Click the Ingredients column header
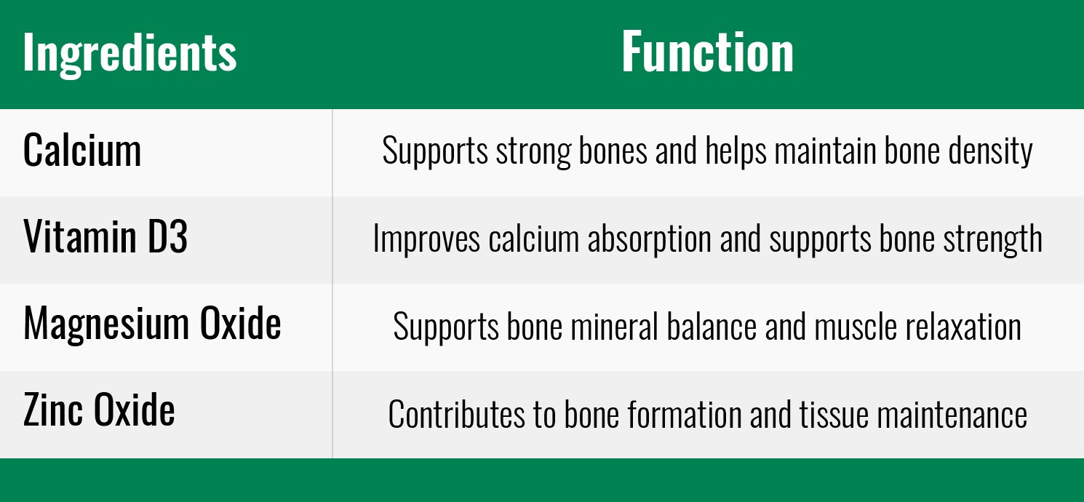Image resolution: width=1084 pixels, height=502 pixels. point(129,53)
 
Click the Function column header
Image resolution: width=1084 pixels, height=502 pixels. point(707,52)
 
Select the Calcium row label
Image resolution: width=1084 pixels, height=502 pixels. point(82,150)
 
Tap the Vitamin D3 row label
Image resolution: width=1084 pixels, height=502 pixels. point(105,236)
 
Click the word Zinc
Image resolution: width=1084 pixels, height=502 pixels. point(53,410)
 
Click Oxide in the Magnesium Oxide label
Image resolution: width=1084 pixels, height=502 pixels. point(241,322)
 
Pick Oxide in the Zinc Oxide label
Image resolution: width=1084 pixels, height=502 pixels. point(134,410)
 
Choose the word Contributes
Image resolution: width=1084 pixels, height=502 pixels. point(456,414)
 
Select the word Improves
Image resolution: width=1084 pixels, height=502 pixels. point(426,238)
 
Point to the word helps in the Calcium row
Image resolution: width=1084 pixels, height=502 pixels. point(736,151)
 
